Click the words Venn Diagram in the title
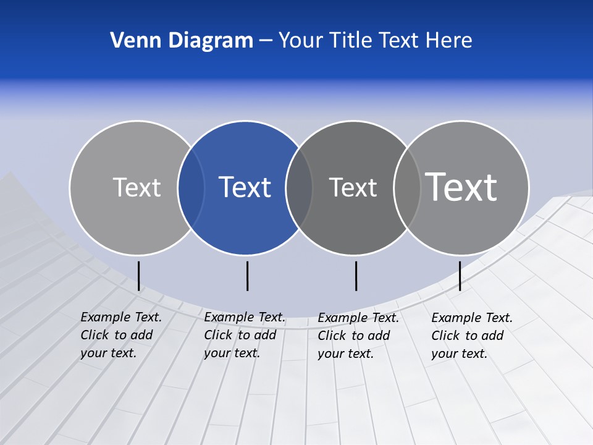click(182, 41)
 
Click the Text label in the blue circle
click(245, 187)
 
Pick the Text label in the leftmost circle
click(137, 187)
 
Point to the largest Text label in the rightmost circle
click(461, 187)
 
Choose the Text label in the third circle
click(353, 187)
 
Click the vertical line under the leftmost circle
click(139, 276)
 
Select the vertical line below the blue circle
click(247, 276)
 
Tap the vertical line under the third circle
click(356, 276)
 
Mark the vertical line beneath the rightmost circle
click(460, 276)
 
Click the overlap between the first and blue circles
click(191, 188)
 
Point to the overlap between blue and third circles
click(299, 188)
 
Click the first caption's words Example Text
click(121, 317)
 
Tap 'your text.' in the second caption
click(232, 353)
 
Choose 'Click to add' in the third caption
click(354, 336)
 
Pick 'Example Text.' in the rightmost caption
click(472, 318)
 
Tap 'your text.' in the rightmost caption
click(459, 354)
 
